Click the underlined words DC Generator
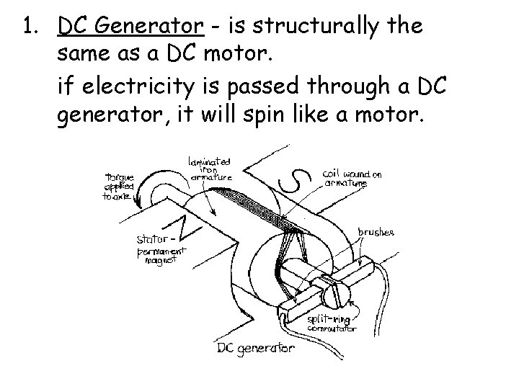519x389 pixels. tap(130, 28)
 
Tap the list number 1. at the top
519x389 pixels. tap(30, 28)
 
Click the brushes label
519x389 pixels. tap(376, 233)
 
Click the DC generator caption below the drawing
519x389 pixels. tap(256, 349)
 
